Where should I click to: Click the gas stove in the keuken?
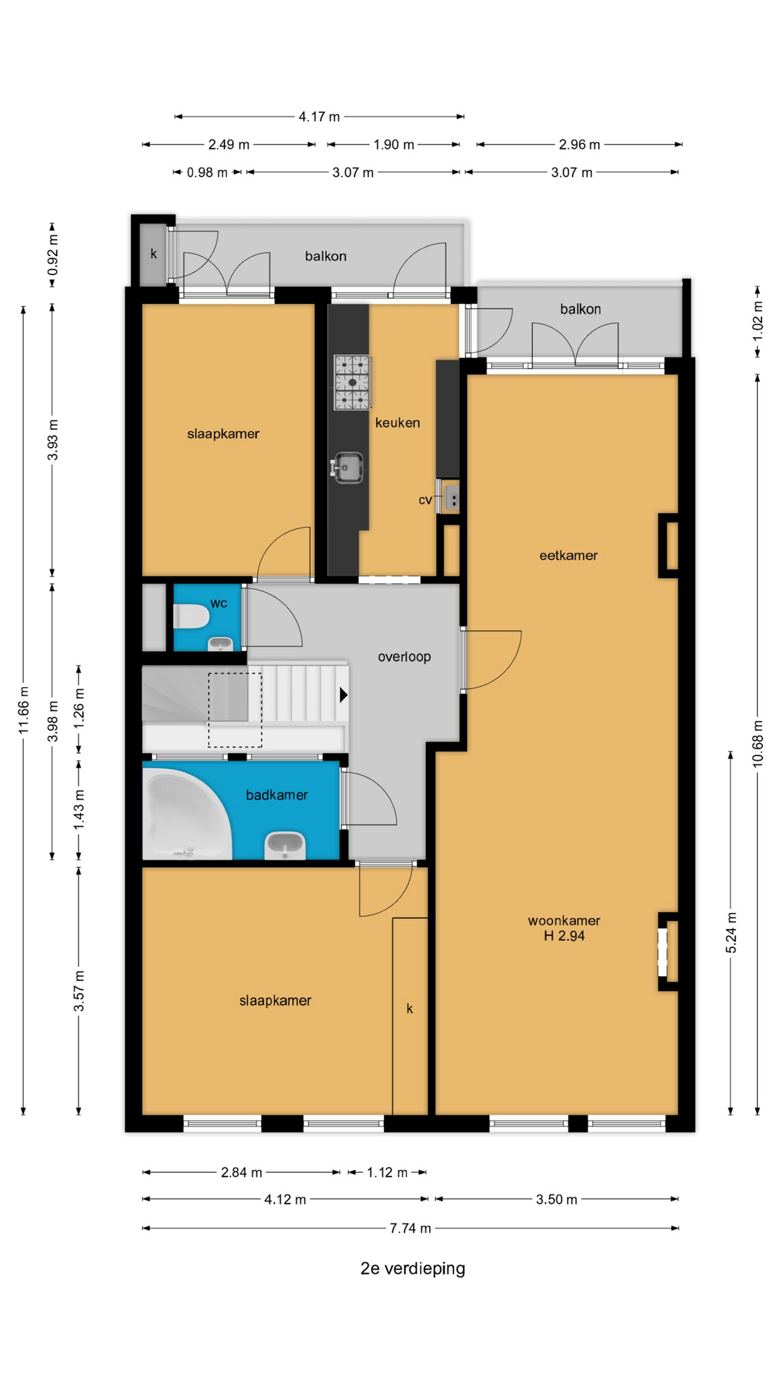coord(353,382)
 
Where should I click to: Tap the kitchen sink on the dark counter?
coord(347,467)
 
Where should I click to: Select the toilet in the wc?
coord(192,616)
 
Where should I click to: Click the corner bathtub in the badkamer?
coord(187,815)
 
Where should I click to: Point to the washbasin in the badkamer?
coord(285,845)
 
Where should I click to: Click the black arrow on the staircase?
coord(343,694)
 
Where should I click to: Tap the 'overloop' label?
coord(404,657)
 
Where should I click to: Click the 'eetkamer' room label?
coord(568,556)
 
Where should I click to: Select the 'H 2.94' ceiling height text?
coord(564,936)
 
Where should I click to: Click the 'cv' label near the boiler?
coord(425,500)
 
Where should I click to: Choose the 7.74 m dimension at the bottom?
coord(410,1228)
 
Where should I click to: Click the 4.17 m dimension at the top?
coord(319,116)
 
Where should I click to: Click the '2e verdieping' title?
coord(413,1268)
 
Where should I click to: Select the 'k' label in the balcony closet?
coord(153,254)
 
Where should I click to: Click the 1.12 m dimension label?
coord(387,1173)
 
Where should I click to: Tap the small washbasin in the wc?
coord(221,643)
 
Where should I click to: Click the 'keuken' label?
coord(398,422)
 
